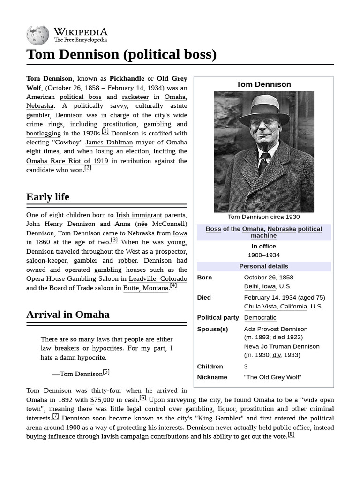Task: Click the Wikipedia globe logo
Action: [37, 35]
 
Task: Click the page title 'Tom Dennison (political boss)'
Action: [121, 55]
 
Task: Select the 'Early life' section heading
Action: [48, 197]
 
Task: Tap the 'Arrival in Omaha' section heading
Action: [68, 315]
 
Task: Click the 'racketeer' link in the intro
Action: [135, 97]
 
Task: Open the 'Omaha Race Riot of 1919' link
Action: [67, 161]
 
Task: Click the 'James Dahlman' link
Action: [109, 142]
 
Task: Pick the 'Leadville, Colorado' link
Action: [158, 279]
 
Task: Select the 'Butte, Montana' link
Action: [145, 288]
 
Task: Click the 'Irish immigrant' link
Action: [139, 215]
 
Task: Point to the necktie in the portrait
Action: [263, 163]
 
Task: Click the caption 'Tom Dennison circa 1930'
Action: [263, 217]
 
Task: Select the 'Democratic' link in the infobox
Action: [260, 318]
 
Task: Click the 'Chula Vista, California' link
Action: [276, 307]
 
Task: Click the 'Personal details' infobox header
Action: [263, 266]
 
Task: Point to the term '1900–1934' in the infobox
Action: [263, 255]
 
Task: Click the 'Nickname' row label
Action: [212, 377]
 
